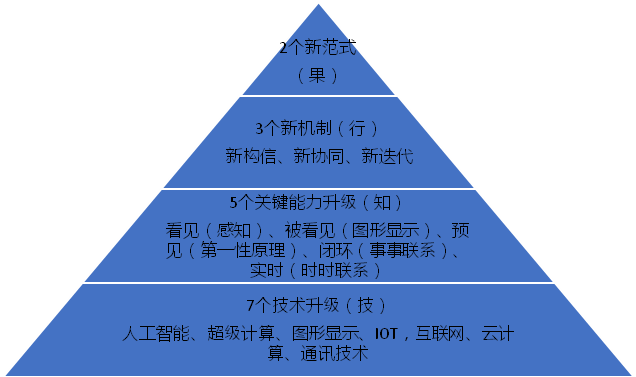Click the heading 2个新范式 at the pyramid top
tap(318, 47)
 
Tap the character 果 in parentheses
tap(318, 75)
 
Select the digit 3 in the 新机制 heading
tap(260, 129)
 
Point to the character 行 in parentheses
tap(357, 129)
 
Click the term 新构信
tap(251, 156)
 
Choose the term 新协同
tap(319, 156)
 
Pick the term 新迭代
tap(387, 156)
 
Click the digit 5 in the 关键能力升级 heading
tap(233, 203)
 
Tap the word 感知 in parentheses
tap(234, 231)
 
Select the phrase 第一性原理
tap(243, 251)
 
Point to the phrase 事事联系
tap(402, 251)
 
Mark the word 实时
tap(266, 270)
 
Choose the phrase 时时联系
tap(334, 270)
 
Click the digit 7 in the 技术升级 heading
tap(251, 305)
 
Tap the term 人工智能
tap(156, 334)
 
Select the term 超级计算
tap(241, 334)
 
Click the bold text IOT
tap(386, 334)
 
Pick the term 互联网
tap(440, 334)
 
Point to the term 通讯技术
tap(334, 353)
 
